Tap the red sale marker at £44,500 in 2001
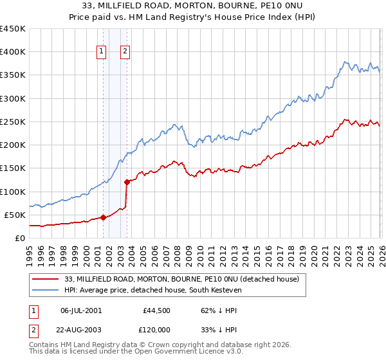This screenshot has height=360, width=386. coord(103,217)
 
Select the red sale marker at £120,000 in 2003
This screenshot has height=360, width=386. coord(127,182)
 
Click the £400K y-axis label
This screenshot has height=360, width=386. coord(13,52)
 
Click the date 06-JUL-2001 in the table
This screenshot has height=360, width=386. coord(82,310)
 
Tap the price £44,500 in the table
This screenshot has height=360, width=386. coord(156,310)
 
